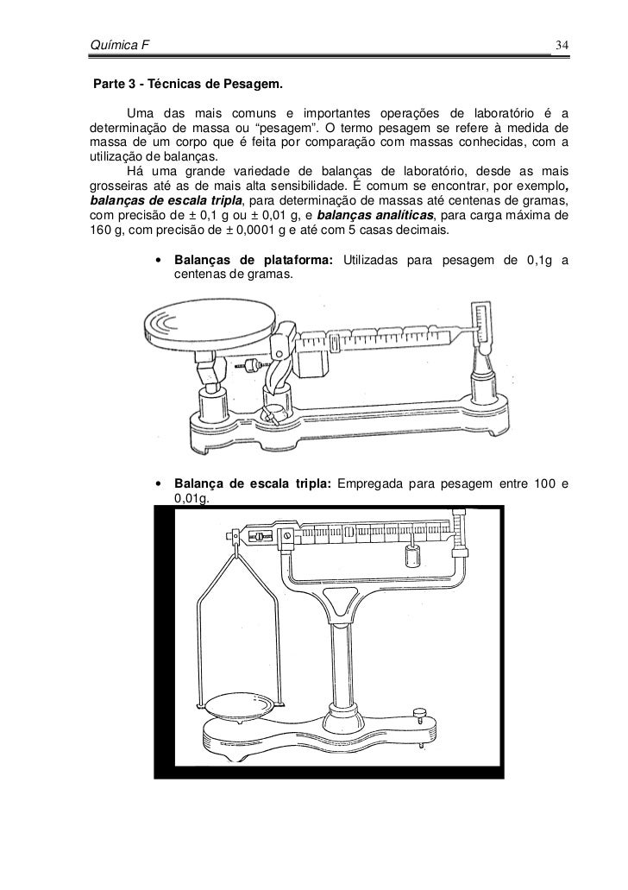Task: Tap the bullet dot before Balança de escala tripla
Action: tap(160, 483)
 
